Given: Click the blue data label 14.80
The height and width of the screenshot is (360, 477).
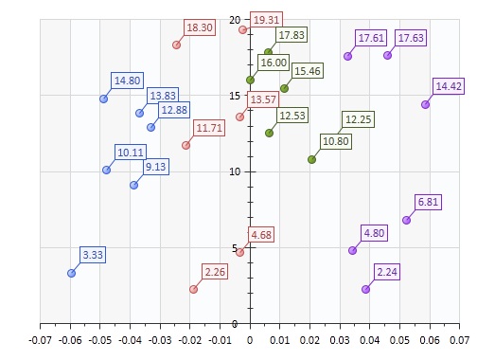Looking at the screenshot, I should click(127, 81).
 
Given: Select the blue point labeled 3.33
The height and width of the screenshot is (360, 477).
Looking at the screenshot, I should click(71, 273).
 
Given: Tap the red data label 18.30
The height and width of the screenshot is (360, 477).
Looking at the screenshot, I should click(200, 28).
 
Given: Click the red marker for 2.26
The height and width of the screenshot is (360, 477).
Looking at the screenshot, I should click(193, 289).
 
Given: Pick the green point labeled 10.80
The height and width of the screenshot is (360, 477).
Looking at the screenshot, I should click(311, 159).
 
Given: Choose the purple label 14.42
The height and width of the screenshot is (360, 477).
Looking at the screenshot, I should click(449, 87).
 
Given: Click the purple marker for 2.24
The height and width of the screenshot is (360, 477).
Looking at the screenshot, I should click(365, 289).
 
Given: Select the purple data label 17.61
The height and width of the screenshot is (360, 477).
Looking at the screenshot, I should click(371, 38).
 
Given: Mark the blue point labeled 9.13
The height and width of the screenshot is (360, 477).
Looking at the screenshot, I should click(133, 185).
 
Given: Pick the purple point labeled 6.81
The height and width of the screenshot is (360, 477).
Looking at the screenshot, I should click(406, 220).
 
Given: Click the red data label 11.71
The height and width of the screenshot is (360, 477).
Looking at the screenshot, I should click(209, 128).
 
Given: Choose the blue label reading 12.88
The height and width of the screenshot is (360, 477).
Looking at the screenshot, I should click(174, 111).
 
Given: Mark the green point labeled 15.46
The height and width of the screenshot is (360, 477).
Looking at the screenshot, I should click(284, 88).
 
